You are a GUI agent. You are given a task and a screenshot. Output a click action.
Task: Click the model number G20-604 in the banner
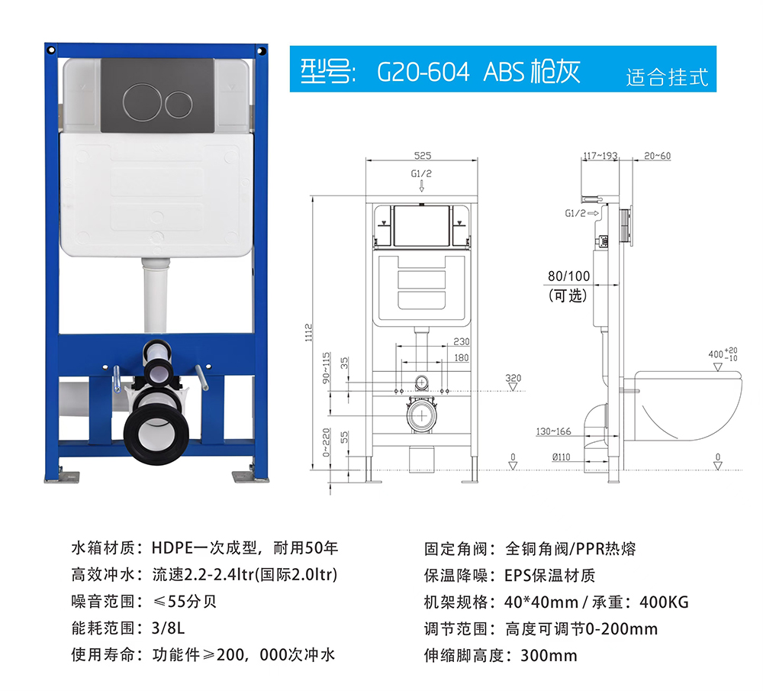pyautogui.click(x=423, y=72)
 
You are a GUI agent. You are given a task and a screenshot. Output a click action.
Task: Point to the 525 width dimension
pyautogui.click(x=423, y=155)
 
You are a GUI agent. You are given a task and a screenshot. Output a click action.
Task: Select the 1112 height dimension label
pyautogui.click(x=308, y=333)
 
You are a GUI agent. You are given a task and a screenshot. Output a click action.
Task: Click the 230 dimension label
pyautogui.click(x=462, y=341)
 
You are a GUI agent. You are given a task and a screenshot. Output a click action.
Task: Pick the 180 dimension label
pyautogui.click(x=462, y=357)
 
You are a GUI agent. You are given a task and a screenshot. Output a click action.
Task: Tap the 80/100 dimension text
pyautogui.click(x=569, y=276)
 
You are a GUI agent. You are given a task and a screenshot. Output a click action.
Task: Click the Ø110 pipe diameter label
pyautogui.click(x=561, y=457)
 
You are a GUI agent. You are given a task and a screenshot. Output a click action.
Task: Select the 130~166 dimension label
pyautogui.click(x=553, y=431)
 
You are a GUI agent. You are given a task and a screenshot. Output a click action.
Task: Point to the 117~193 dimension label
pyautogui.click(x=600, y=156)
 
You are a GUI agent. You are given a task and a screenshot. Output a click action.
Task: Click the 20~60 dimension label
pyautogui.click(x=657, y=156)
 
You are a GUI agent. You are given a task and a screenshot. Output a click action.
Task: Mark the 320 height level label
pyautogui.click(x=513, y=378)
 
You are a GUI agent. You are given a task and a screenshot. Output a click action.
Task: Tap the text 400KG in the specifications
pyautogui.click(x=664, y=602)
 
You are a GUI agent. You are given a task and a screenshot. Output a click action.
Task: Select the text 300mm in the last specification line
pyautogui.click(x=549, y=655)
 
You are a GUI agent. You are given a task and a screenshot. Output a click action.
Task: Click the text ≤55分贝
pyautogui.click(x=185, y=602)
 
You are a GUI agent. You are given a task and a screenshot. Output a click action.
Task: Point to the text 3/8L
pyautogui.click(x=168, y=628)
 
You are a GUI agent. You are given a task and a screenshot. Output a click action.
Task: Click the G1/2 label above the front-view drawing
pyautogui.click(x=421, y=174)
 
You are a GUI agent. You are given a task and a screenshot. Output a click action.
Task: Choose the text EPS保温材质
pyautogui.click(x=549, y=576)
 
